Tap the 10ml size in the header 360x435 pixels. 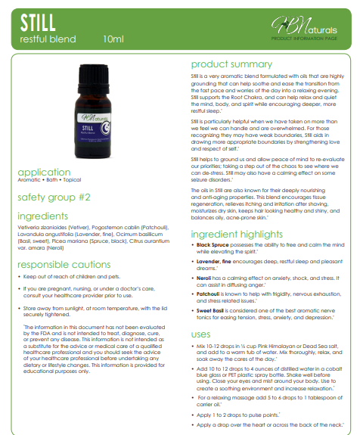coord(113,38)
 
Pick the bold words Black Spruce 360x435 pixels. coord(213,224)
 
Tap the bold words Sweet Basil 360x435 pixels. coord(211,289)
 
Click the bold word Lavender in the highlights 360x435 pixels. coord(209,240)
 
